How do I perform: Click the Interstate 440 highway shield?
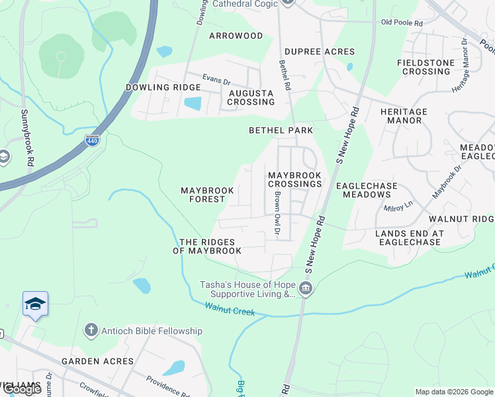point(92,140)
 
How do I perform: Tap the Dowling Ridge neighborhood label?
point(162,87)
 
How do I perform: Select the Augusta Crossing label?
point(251,98)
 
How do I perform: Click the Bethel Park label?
point(281,130)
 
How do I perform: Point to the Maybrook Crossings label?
point(294,179)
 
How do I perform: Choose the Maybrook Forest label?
point(207,195)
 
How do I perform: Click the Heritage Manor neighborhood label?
point(404,116)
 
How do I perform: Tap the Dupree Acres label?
point(320,52)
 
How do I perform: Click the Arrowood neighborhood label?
point(236,36)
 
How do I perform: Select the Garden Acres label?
point(97,361)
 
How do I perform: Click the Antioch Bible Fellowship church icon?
point(91,330)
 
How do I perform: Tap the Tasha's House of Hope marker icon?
point(306,288)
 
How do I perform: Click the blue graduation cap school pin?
point(35,304)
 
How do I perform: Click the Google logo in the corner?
point(22,389)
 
